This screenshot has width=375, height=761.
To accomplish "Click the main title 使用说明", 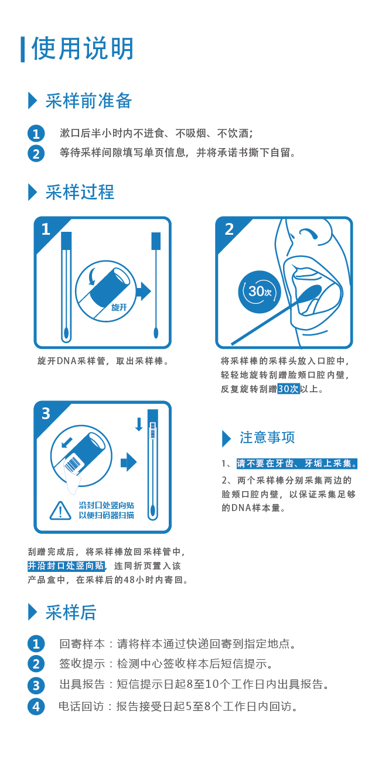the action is (82, 49).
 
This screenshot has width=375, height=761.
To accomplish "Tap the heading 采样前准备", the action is (88, 101).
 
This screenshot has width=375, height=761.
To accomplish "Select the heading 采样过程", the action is (80, 192).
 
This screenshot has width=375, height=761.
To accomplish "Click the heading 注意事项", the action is (267, 438).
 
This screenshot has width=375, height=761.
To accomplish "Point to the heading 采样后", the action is (71, 612).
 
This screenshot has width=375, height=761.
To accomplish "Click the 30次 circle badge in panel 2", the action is (260, 292).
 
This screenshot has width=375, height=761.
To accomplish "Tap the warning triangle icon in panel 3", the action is (60, 510).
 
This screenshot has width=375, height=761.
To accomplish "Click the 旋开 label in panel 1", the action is (119, 307).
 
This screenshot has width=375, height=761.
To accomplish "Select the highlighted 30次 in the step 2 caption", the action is (288, 389).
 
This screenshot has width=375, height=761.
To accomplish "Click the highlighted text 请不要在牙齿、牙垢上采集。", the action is (297, 464).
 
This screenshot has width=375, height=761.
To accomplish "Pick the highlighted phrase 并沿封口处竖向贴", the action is (66, 565).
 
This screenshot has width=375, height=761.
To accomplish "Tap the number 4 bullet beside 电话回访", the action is (36, 707).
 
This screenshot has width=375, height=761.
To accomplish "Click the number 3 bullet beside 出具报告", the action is (36, 685).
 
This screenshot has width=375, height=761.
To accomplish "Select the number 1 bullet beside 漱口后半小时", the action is (36, 133).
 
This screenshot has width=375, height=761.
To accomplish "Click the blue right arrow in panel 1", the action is (143, 291).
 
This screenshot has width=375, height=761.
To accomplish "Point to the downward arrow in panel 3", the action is (139, 424).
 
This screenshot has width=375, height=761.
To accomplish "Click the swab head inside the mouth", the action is (311, 292).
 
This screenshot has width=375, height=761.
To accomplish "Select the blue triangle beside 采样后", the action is (32, 612).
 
